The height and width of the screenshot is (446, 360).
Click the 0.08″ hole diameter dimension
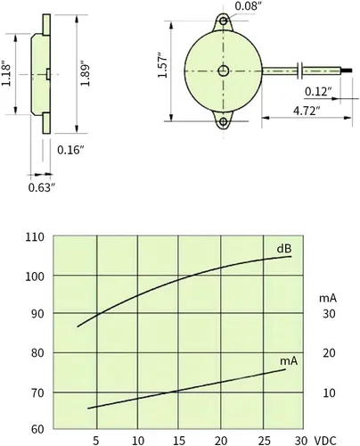click(248, 5)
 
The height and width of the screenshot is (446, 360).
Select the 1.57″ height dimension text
click(162, 66)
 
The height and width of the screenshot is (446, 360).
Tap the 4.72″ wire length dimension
click(307, 111)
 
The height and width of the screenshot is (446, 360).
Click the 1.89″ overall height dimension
click(86, 74)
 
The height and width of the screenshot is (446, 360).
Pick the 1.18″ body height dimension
click(6, 74)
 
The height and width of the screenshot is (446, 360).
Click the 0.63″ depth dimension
click(42, 187)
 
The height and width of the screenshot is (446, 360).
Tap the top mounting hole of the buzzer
click(224, 21)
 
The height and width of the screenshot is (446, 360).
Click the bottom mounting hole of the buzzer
click(224, 121)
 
